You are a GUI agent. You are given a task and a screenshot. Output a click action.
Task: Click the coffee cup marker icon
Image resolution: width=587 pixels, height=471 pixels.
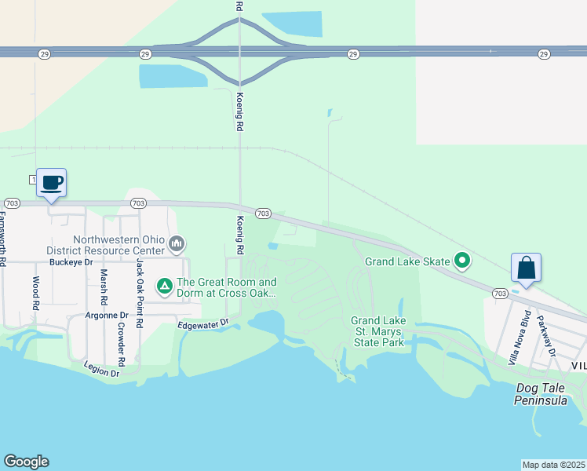[x=52, y=183]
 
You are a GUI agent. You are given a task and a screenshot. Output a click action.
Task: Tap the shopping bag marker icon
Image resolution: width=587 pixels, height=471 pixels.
[x=526, y=268]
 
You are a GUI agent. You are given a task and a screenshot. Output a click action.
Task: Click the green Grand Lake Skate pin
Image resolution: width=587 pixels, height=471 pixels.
[x=463, y=261]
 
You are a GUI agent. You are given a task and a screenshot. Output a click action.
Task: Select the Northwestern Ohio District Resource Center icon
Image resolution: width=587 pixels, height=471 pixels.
[x=177, y=245]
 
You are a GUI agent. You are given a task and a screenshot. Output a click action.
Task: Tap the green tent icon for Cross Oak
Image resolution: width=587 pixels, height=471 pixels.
[x=165, y=287]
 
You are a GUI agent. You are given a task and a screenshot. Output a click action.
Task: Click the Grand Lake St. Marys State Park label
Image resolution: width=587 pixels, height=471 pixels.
[x=377, y=331]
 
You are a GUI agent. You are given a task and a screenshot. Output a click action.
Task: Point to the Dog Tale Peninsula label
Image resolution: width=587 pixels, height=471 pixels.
[x=541, y=394]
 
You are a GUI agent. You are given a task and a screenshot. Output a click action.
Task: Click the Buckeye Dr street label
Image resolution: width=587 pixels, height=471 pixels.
[x=71, y=262]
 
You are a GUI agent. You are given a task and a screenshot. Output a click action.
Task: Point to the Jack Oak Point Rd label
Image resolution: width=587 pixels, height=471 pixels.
[x=140, y=293]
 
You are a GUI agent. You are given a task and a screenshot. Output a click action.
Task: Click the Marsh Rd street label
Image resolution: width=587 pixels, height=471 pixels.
[x=103, y=287]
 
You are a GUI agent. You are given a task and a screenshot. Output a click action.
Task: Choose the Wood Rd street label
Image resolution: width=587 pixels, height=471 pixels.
[x=35, y=291]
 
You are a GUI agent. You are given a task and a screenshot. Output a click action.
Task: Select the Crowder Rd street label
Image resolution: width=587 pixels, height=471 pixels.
[x=121, y=344]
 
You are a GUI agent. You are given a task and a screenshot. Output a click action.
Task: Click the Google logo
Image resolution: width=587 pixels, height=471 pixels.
[x=26, y=462]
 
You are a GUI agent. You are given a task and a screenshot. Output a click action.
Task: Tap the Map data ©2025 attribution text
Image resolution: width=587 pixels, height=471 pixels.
[x=553, y=465]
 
